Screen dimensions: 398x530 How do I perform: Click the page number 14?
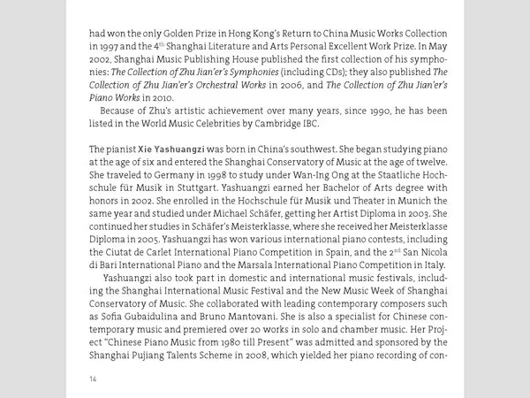(93, 379)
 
